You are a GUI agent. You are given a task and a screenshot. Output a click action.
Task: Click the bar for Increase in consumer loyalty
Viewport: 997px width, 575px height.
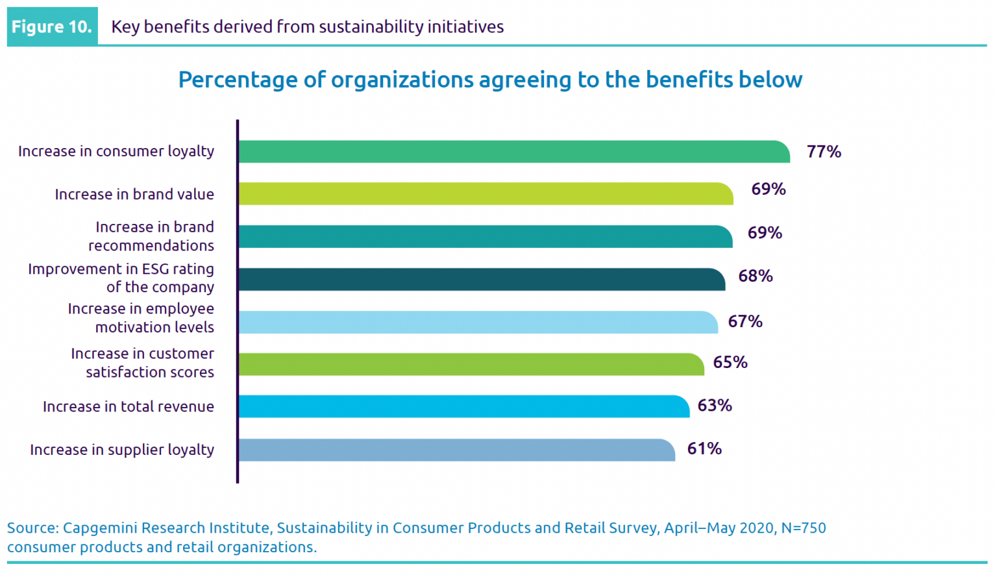pos(513,152)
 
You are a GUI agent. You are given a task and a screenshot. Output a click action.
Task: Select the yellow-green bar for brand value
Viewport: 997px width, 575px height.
pos(486,194)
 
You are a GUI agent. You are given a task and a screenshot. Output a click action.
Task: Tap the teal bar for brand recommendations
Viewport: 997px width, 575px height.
pos(485,237)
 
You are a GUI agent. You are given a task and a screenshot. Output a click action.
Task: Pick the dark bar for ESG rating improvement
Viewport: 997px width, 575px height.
pos(482,280)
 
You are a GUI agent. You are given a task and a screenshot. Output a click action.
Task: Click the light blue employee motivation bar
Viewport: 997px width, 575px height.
pos(478,323)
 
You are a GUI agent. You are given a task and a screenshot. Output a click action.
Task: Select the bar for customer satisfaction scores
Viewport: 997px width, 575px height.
pos(471,365)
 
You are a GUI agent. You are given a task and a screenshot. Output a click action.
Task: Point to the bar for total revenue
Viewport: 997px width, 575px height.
pos(463,407)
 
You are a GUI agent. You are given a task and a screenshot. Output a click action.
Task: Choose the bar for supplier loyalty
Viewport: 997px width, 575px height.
pos(456,450)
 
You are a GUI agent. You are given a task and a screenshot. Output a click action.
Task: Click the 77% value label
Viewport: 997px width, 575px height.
pos(824,152)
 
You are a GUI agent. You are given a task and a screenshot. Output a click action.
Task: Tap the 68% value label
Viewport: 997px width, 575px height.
pos(756,276)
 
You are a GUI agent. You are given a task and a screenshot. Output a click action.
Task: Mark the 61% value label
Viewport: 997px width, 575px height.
pos(704,449)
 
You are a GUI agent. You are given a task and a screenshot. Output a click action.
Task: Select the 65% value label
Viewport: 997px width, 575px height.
pos(730,363)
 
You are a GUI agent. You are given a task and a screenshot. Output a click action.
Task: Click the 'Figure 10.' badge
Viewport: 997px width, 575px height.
pos(52,27)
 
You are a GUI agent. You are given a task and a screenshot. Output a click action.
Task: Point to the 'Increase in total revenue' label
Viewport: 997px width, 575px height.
pos(129,407)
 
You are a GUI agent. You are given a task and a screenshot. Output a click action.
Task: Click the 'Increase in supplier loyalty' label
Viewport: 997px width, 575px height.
pos(122,450)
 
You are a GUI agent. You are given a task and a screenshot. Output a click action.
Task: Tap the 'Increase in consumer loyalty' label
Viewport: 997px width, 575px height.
pos(116,151)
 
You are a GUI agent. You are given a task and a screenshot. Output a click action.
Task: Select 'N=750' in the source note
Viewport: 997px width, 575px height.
pos(804,528)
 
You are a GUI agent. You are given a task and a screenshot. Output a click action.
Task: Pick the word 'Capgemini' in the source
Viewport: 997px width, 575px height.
pos(100,528)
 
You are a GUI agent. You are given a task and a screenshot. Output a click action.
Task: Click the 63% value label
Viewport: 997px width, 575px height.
pos(715,406)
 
